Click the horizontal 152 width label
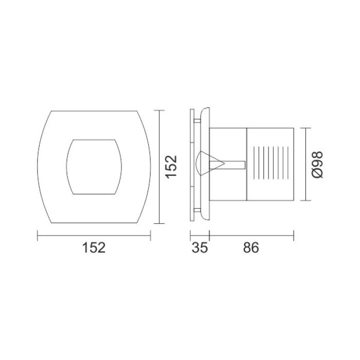coord(94,248)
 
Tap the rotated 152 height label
coord(171,167)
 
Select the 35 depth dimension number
coord(200,248)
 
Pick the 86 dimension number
coord(251,248)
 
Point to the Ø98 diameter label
coord(317,165)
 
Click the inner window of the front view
coord(94,167)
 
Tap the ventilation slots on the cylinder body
coord(271,163)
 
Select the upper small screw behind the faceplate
coord(197,120)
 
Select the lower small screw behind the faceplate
coord(197,210)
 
